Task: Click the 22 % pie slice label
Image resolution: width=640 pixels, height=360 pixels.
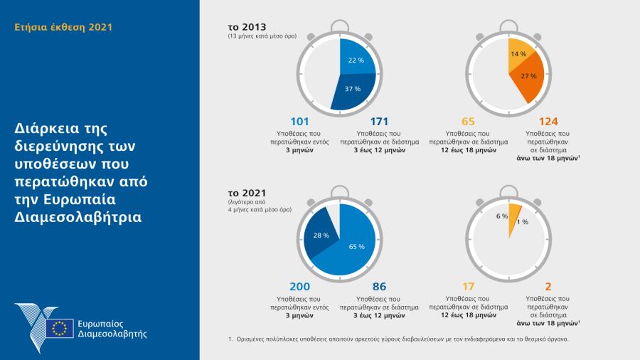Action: (356, 60)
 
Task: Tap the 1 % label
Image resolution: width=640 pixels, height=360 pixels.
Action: (523, 222)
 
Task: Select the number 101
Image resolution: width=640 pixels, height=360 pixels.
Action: (299, 121)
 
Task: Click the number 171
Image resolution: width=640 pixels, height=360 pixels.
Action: (379, 121)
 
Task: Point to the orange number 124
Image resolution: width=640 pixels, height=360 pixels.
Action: (548, 121)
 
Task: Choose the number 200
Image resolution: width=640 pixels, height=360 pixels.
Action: (299, 286)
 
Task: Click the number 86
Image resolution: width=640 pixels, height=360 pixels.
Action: (379, 286)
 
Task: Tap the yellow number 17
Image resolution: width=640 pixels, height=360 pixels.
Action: (468, 286)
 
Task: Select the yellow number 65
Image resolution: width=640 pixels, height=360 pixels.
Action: (468, 121)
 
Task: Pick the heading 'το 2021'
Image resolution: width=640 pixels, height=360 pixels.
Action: (243, 192)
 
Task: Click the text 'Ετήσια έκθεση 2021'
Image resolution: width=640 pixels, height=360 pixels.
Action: (63, 28)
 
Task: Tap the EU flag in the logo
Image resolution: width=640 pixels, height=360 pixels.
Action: (60, 327)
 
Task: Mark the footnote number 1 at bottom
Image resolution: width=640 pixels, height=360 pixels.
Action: (230, 339)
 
